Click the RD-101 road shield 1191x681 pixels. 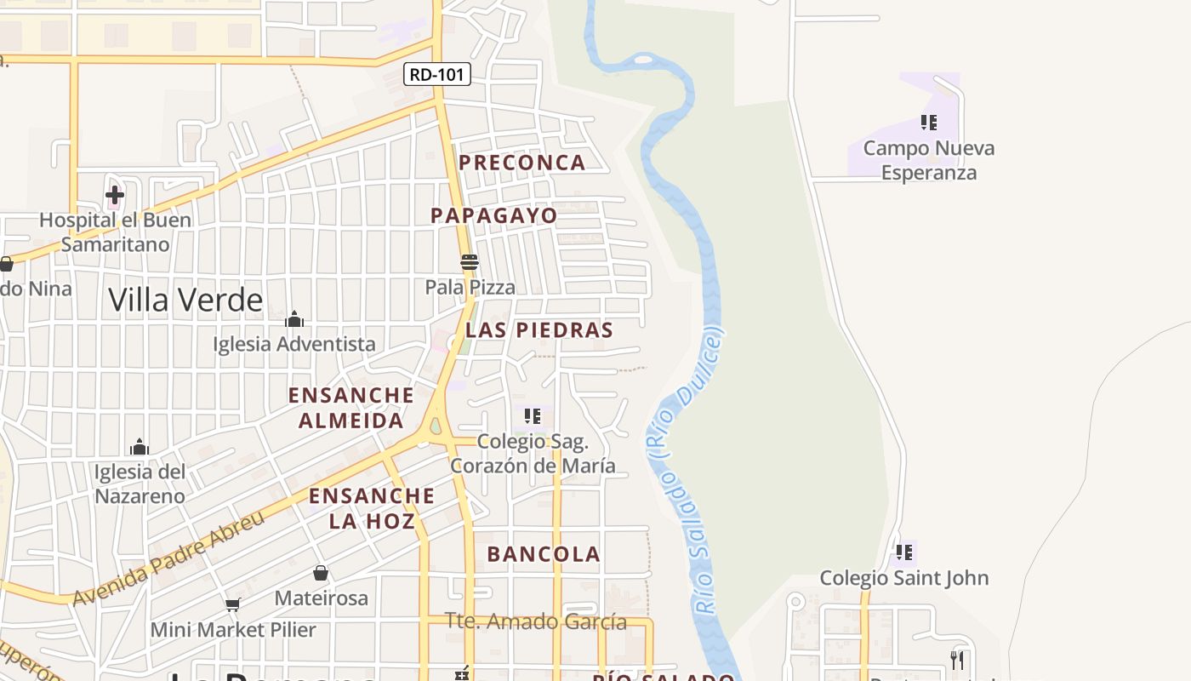(437, 75)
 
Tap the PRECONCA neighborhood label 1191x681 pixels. (522, 163)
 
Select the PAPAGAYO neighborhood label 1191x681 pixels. (493, 215)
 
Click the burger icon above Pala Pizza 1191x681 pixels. (470, 261)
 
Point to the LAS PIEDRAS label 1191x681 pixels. (539, 330)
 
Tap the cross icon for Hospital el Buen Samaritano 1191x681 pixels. (115, 195)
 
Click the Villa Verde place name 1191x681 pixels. (185, 300)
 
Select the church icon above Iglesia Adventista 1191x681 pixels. (294, 319)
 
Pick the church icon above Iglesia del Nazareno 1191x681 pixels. (140, 447)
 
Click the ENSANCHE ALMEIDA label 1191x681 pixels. (350, 408)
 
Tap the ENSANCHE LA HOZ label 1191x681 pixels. (372, 508)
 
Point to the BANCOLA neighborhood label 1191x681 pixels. (544, 554)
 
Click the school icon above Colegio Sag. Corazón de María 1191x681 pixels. (533, 416)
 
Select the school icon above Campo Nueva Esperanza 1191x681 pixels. (929, 123)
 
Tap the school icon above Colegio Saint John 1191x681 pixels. (904, 552)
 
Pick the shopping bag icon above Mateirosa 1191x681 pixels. (321, 573)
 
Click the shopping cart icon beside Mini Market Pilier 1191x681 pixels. (232, 605)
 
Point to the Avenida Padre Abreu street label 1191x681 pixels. (168, 558)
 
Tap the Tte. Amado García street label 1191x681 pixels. (537, 622)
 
